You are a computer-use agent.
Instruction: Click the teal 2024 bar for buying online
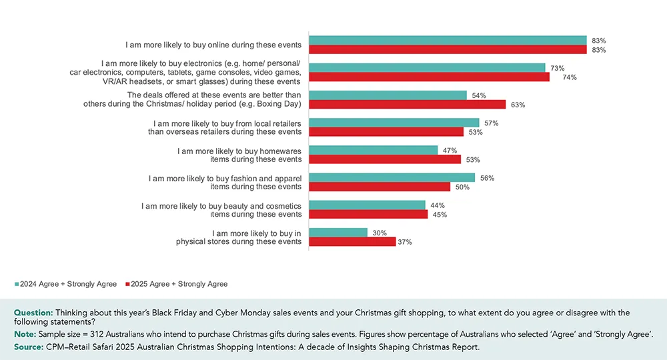(447, 41)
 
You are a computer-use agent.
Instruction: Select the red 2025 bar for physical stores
(352, 241)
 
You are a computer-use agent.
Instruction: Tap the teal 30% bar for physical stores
(338, 233)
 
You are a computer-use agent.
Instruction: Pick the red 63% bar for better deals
(407, 105)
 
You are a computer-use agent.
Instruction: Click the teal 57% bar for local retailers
(394, 123)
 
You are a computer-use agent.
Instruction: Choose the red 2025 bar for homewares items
(385, 159)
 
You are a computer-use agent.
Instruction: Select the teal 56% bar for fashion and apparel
(392, 177)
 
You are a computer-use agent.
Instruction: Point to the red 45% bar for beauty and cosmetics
(368, 214)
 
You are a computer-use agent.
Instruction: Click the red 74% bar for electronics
(429, 77)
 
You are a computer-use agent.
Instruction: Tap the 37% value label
(405, 242)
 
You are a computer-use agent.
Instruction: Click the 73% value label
(557, 68)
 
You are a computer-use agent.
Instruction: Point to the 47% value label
(449, 151)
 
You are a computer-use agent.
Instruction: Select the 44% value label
(436, 205)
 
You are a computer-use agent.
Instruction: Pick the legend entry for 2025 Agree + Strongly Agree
(177, 284)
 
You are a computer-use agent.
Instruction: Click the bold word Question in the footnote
(33, 313)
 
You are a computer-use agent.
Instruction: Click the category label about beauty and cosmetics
(221, 210)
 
